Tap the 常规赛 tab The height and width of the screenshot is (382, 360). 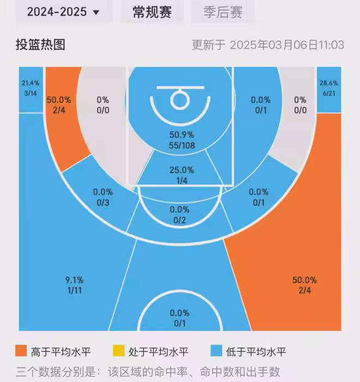pos(152,11)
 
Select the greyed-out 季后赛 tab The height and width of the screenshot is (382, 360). pos(223,11)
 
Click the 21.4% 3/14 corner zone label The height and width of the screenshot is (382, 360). pos(31,88)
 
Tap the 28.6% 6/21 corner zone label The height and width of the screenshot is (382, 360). pos(328,88)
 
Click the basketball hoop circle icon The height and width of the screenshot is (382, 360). pos(179,99)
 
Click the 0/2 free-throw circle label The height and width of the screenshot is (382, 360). pos(179,220)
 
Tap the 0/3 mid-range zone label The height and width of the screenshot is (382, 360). pos(103,203)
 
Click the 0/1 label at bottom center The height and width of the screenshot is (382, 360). pos(179,324)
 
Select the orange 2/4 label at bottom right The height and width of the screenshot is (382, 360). pos(304,290)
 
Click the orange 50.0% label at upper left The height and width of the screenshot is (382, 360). pos(59,100)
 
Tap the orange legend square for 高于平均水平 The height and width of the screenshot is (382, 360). pos(21,351)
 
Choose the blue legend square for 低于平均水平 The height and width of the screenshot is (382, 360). pos(217,351)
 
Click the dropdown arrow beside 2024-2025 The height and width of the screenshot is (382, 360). pos(97,13)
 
